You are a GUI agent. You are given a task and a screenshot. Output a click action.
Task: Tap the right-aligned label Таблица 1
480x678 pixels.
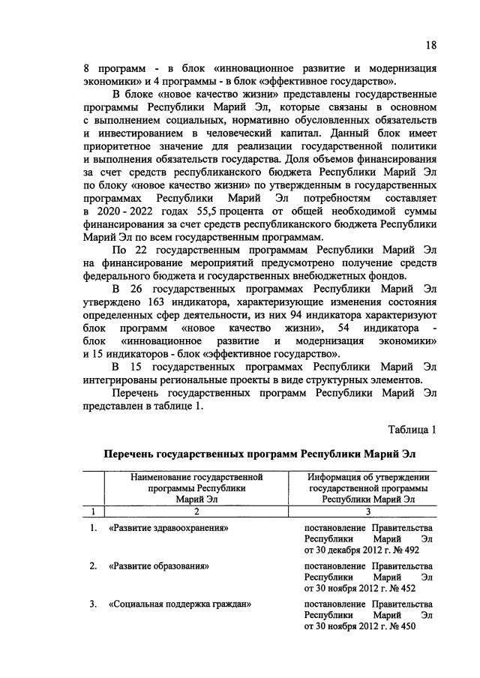pos(412,430)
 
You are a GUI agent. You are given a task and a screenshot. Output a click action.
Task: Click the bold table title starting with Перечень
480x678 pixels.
pos(258,454)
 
